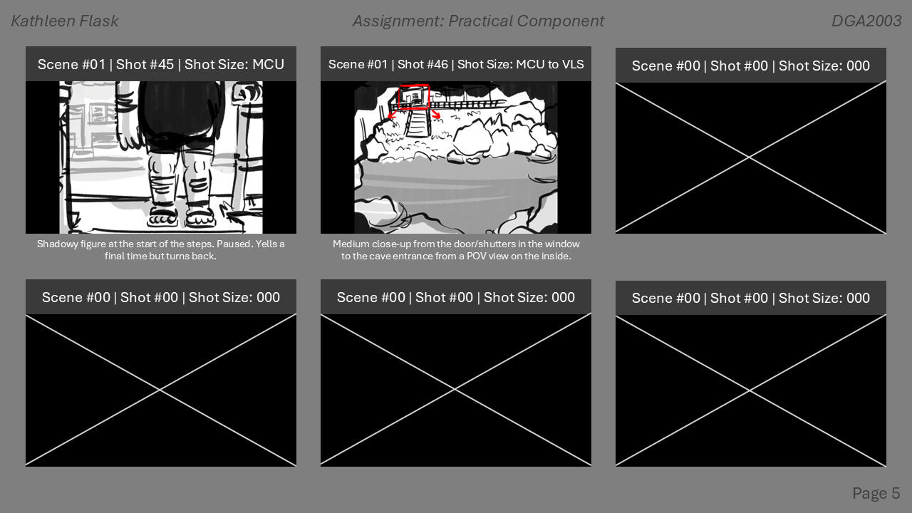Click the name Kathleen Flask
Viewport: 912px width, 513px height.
(65, 21)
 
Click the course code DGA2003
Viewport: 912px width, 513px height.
(866, 21)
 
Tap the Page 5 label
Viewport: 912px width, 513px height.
(876, 493)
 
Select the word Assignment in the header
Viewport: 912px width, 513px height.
(396, 21)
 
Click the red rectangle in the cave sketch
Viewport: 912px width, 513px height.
(414, 96)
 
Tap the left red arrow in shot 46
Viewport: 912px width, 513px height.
(391, 115)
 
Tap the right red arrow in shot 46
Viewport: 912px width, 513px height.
(435, 114)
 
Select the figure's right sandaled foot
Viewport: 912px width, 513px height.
(199, 215)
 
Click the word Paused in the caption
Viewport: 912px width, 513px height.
(236, 244)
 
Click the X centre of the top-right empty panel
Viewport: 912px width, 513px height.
(750, 157)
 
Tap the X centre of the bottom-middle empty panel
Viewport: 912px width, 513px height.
(455, 390)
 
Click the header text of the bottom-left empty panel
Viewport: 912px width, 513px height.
(161, 297)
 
